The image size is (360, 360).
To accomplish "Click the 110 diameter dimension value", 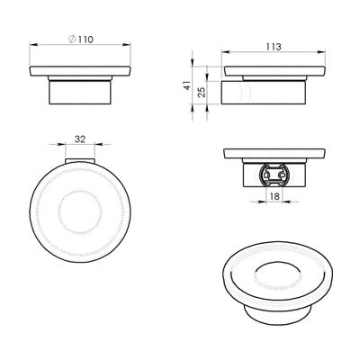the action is (85, 40).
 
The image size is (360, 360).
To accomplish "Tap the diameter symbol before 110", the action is (72, 40).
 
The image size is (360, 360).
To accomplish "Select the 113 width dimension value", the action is (274, 47).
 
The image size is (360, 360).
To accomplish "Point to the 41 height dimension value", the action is (187, 85).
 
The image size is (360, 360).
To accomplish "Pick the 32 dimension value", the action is (80, 139).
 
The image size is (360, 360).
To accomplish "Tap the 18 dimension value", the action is (274, 196).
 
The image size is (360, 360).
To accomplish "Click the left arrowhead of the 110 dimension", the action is (33, 45).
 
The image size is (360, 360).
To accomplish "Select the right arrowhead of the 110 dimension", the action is (127, 45).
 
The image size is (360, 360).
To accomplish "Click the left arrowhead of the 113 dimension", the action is (226, 52).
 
